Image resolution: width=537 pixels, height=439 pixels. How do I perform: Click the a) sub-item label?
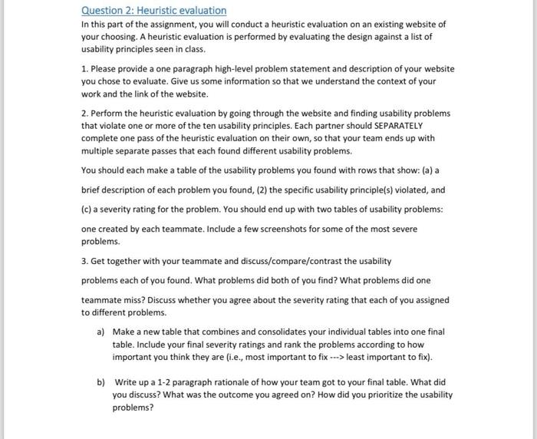coord(100,332)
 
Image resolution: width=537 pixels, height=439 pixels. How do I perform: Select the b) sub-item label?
coord(100,382)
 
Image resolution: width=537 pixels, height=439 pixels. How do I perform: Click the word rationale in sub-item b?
coord(232,382)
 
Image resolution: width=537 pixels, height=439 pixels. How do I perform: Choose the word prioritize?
coord(381,394)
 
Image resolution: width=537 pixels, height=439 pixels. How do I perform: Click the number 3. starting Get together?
coord(85,261)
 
